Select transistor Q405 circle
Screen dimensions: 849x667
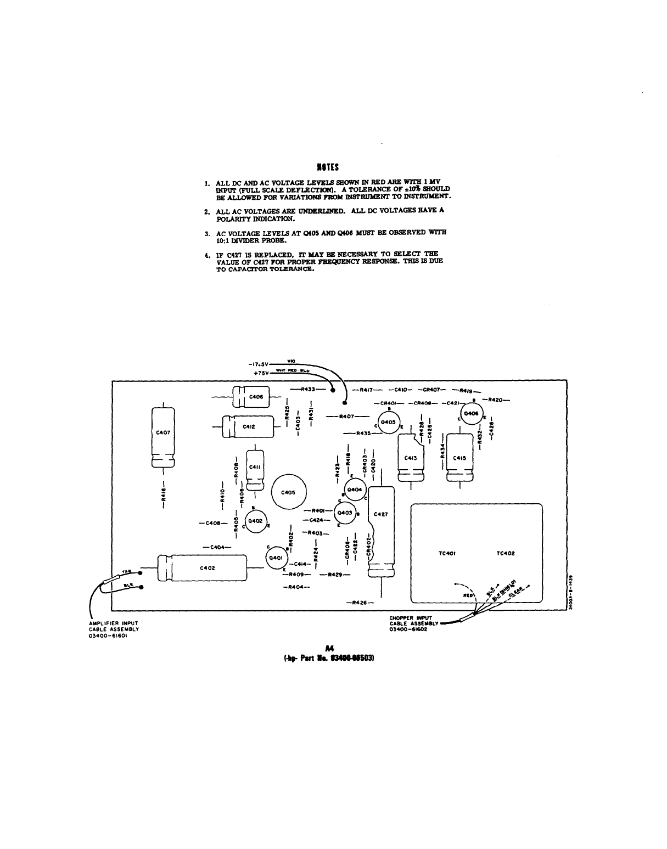point(388,422)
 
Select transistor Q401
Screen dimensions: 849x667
point(274,558)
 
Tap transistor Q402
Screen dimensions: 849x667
point(255,521)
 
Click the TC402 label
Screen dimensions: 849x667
point(506,553)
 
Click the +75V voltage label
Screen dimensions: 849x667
point(261,373)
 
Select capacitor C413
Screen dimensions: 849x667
point(411,457)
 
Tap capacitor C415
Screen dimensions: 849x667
point(459,457)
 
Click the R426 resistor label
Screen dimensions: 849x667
point(360,603)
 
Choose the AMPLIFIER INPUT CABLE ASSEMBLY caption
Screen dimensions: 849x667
point(114,629)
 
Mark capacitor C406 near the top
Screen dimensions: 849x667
point(255,397)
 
